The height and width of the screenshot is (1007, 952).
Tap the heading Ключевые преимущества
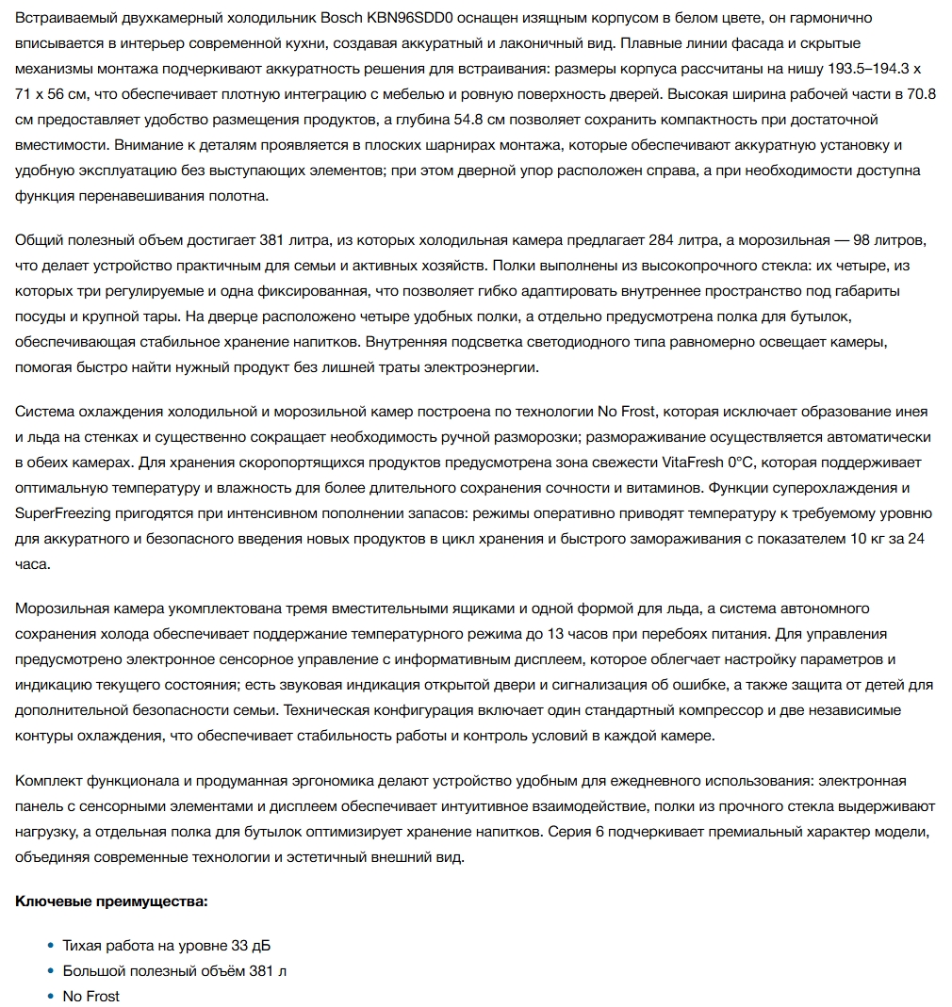click(111, 901)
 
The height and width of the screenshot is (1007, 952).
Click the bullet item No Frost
click(90, 996)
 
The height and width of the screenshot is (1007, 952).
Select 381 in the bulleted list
click(258, 970)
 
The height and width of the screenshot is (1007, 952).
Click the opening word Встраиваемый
click(62, 18)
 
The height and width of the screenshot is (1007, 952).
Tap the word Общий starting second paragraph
click(41, 239)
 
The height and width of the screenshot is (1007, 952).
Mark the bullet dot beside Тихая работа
click(51, 945)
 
